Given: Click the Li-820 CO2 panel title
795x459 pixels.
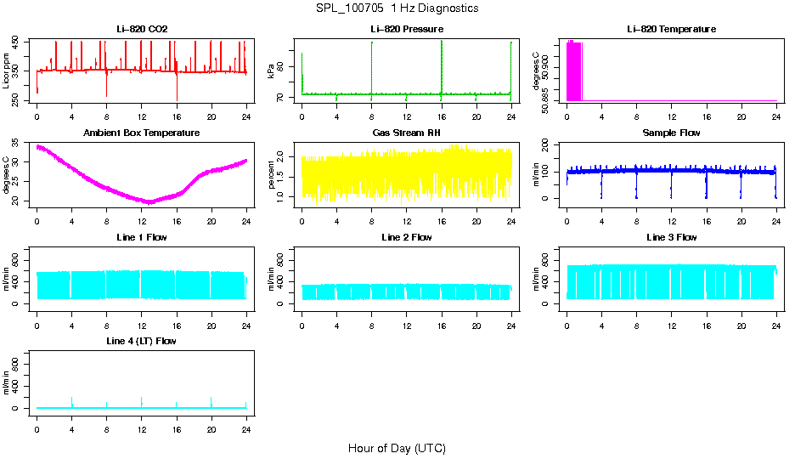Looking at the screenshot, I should coord(142,30).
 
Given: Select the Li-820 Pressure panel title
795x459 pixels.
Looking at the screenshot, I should coord(406,30).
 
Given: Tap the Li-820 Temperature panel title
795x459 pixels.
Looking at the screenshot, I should coord(671,30).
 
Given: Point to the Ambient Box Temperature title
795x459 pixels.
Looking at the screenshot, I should coord(142,133).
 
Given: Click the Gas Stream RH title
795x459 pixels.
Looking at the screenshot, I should coord(406,133).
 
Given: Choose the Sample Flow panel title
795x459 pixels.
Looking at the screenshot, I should coord(671,133).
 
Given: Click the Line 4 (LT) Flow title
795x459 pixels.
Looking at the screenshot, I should coord(142,341).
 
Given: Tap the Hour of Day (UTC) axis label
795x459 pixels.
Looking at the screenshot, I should coord(397,448).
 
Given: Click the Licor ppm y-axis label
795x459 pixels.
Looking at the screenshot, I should coord(8,72).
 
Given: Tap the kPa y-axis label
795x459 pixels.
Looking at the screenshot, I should coord(273,72).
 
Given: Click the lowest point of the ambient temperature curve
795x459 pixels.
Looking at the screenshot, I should coord(149,203).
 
